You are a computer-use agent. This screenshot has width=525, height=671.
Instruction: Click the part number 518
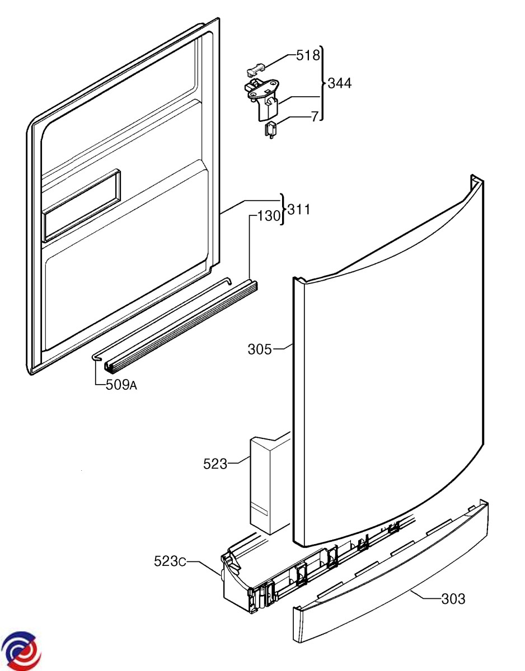pyautogui.click(x=308, y=55)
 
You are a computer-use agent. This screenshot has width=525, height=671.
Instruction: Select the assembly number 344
pyautogui.click(x=340, y=83)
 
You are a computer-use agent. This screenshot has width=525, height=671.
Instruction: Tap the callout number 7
pyautogui.click(x=315, y=117)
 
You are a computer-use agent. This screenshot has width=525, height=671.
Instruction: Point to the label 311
pyautogui.click(x=298, y=210)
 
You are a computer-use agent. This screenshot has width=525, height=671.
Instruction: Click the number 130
pyautogui.click(x=268, y=216)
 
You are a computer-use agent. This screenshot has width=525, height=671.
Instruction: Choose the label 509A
pyautogui.click(x=121, y=385)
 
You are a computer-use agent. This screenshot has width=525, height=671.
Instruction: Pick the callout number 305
pyautogui.click(x=260, y=350)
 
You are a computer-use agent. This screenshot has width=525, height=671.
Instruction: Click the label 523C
pyautogui.click(x=170, y=561)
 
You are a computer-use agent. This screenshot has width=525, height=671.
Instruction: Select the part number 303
pyautogui.click(x=453, y=599)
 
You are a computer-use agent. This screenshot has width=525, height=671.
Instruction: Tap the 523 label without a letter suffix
pyautogui.click(x=215, y=464)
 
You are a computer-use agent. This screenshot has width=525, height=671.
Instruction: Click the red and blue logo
pyautogui.click(x=21, y=651)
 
